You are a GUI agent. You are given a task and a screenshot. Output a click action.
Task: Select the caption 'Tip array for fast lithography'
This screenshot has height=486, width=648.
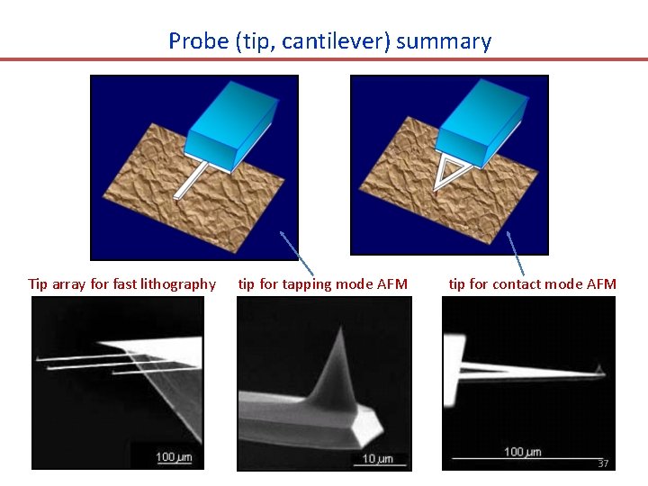click(122, 284)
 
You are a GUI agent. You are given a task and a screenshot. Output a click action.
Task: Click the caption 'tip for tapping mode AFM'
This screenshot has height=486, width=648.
click(322, 284)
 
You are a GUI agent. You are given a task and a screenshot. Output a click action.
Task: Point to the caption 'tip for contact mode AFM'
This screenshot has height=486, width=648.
click(533, 284)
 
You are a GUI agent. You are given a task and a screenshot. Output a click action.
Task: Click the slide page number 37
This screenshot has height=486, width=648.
click(603, 463)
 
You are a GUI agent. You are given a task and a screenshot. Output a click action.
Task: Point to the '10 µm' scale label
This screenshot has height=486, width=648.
click(378, 459)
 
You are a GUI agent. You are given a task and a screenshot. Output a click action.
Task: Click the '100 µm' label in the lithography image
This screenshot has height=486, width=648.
click(174, 457)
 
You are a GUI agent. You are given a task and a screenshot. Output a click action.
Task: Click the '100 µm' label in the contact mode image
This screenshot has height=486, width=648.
click(522, 451)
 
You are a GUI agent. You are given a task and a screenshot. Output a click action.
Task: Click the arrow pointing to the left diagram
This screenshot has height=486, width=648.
click(297, 253)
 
